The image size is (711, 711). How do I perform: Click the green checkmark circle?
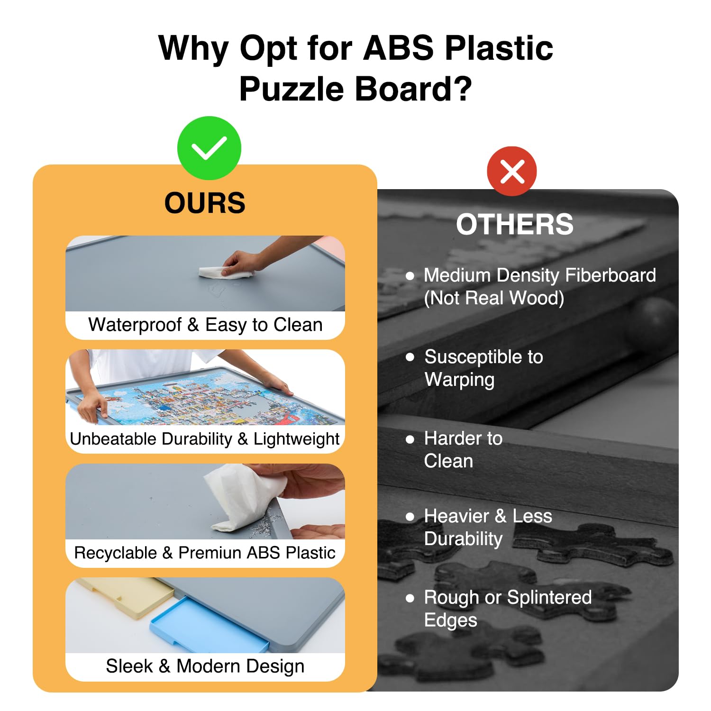pos(209,148)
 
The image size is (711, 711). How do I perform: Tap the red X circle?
pos(512,171)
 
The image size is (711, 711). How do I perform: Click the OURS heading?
pos(205,203)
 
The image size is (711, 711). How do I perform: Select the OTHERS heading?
pos(515,224)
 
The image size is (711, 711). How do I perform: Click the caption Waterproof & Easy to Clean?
pos(205,325)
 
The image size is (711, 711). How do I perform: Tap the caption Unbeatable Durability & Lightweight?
pos(205,439)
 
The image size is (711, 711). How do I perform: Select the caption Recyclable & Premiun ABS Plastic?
pos(205,553)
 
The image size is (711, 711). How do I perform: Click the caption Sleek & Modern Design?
pos(205,666)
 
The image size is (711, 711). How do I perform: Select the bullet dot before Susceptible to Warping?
pos(410,357)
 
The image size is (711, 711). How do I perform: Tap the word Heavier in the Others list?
pos(457,516)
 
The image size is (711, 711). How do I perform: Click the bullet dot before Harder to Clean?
pos(410,439)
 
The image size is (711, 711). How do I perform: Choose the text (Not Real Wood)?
pos(494,298)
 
